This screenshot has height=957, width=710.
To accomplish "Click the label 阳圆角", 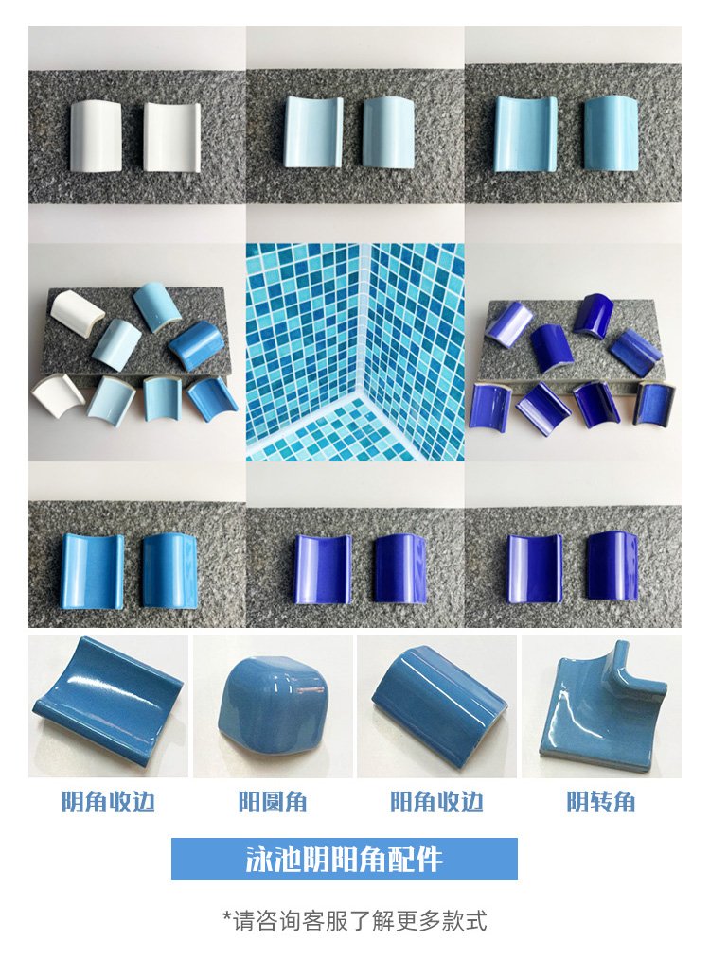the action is (273, 801).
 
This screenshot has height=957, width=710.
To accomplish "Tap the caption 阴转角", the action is (601, 801).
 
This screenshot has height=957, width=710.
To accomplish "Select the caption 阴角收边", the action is (108, 801).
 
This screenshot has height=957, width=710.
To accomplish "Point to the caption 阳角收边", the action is (436, 801).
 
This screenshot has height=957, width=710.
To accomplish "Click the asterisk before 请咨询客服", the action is (227, 916).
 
